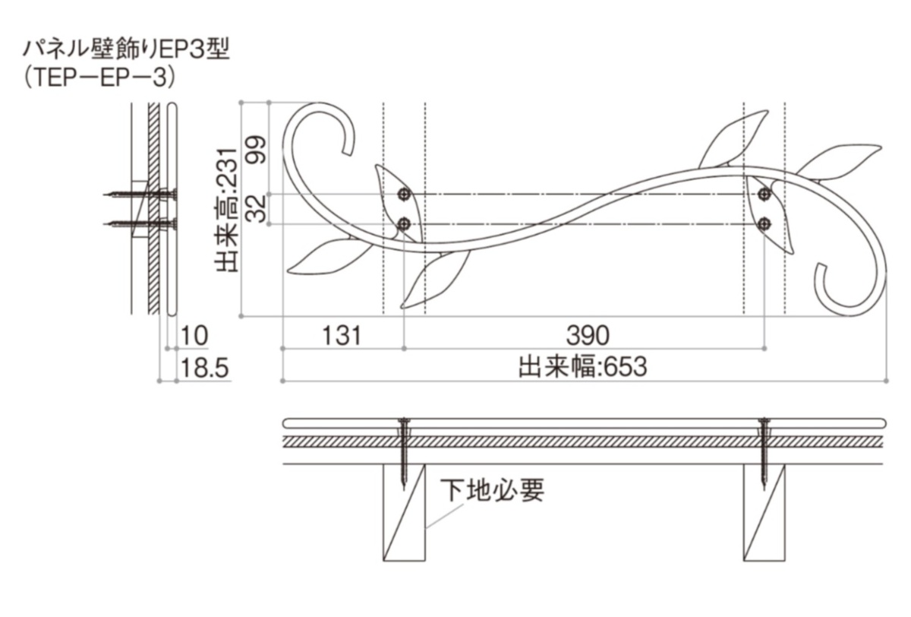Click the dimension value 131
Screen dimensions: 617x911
click(341, 334)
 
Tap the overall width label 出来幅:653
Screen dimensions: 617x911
click(582, 367)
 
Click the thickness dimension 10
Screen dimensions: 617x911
click(195, 334)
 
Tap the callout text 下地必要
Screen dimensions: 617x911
click(493, 490)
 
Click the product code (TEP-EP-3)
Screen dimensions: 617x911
click(99, 77)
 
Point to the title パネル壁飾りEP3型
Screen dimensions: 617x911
click(125, 51)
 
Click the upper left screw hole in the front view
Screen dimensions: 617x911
click(404, 195)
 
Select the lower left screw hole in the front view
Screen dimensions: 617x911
click(404, 223)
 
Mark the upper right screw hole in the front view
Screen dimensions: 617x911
click(764, 195)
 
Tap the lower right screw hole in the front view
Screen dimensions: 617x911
click(764, 223)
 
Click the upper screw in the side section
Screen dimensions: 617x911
click(140, 195)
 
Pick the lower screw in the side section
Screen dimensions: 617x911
click(140, 223)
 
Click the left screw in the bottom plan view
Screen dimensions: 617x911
click(403, 451)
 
